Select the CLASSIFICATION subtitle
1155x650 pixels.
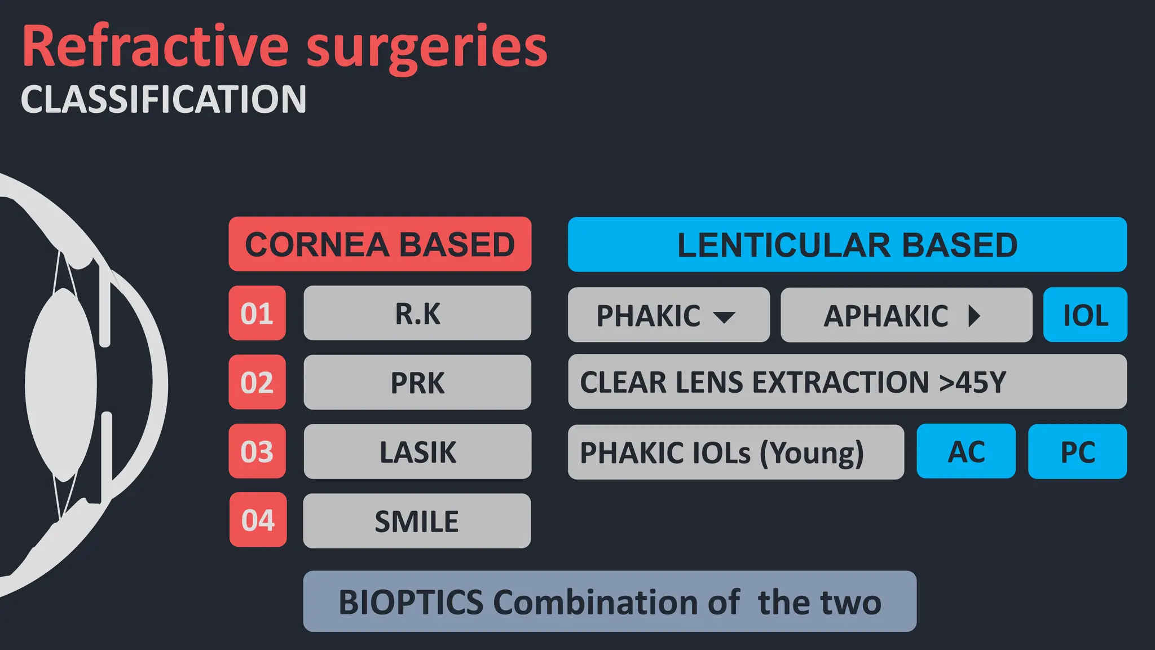coord(164,99)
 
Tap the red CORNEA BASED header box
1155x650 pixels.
coord(380,244)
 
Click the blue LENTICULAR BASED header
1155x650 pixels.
coord(847,245)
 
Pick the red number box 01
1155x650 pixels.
coord(257,313)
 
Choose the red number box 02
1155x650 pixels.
coord(257,383)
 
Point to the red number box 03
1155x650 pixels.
coord(257,451)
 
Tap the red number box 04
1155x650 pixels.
coord(258,520)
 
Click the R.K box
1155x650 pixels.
coord(417,313)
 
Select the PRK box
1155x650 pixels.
coord(417,383)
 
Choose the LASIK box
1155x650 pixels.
coord(417,451)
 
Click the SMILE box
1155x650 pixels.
coord(417,521)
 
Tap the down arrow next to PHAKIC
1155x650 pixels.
coord(724,317)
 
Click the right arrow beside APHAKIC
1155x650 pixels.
coord(974,316)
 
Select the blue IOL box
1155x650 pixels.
coord(1085,315)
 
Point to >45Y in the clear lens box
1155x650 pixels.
coord(972,382)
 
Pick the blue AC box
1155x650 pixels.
coord(966,451)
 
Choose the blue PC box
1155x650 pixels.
coord(1078,451)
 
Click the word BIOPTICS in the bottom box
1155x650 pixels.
coord(411,602)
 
